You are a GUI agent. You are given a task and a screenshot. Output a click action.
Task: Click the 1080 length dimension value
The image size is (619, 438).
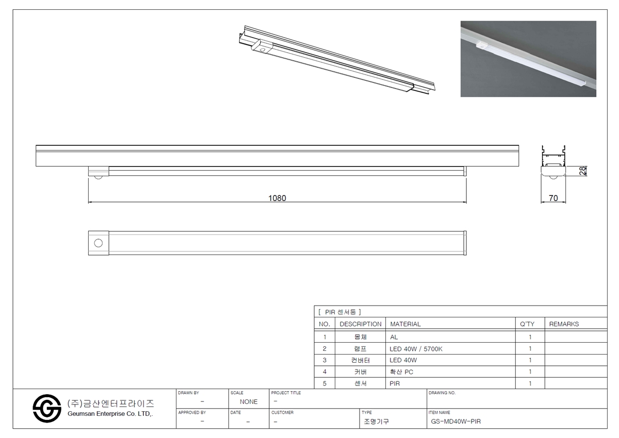click(x=277, y=198)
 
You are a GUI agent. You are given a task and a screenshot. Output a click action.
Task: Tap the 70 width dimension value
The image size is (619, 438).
click(x=553, y=198)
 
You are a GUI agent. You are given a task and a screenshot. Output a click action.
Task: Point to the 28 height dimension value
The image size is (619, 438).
click(x=582, y=171)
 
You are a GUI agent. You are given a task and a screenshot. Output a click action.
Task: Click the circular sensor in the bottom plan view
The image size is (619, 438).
click(x=99, y=243)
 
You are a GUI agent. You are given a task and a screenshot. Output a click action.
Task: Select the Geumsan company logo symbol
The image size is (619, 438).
click(x=47, y=409)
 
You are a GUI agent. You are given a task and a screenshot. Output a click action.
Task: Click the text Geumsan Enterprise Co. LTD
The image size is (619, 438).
click(x=110, y=414)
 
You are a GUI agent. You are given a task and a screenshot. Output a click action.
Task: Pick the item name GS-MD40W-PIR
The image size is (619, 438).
click(x=456, y=422)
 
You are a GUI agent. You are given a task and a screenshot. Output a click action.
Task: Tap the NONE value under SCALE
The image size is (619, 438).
click(x=249, y=402)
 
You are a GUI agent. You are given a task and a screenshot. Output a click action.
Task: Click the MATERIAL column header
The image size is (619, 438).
click(x=405, y=324)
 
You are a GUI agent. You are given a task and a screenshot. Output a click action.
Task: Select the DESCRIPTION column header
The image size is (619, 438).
click(x=361, y=324)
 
